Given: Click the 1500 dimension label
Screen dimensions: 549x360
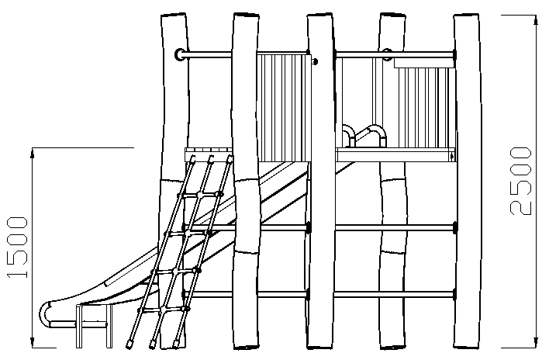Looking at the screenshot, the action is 17,247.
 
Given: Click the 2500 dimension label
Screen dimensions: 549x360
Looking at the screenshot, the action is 520,181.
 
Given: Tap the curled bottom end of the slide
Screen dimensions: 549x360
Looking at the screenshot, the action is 46,313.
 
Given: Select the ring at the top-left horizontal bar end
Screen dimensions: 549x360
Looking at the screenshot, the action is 181,54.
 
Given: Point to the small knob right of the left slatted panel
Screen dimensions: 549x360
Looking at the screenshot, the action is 315,61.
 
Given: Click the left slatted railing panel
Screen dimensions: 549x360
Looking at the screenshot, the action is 284,108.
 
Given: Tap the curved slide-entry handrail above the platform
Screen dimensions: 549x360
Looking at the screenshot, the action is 364,136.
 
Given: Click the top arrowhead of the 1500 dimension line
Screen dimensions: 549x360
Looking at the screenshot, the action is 33,153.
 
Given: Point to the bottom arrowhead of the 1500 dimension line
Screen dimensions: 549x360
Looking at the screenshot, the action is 33,343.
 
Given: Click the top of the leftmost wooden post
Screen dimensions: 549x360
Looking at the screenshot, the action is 174,16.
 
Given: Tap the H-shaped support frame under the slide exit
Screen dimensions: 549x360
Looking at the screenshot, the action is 95,327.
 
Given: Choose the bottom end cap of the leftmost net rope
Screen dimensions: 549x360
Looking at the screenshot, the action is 129,344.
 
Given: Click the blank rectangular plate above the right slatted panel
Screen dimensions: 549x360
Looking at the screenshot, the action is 424,63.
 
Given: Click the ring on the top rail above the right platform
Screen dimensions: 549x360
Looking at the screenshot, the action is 386,54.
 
